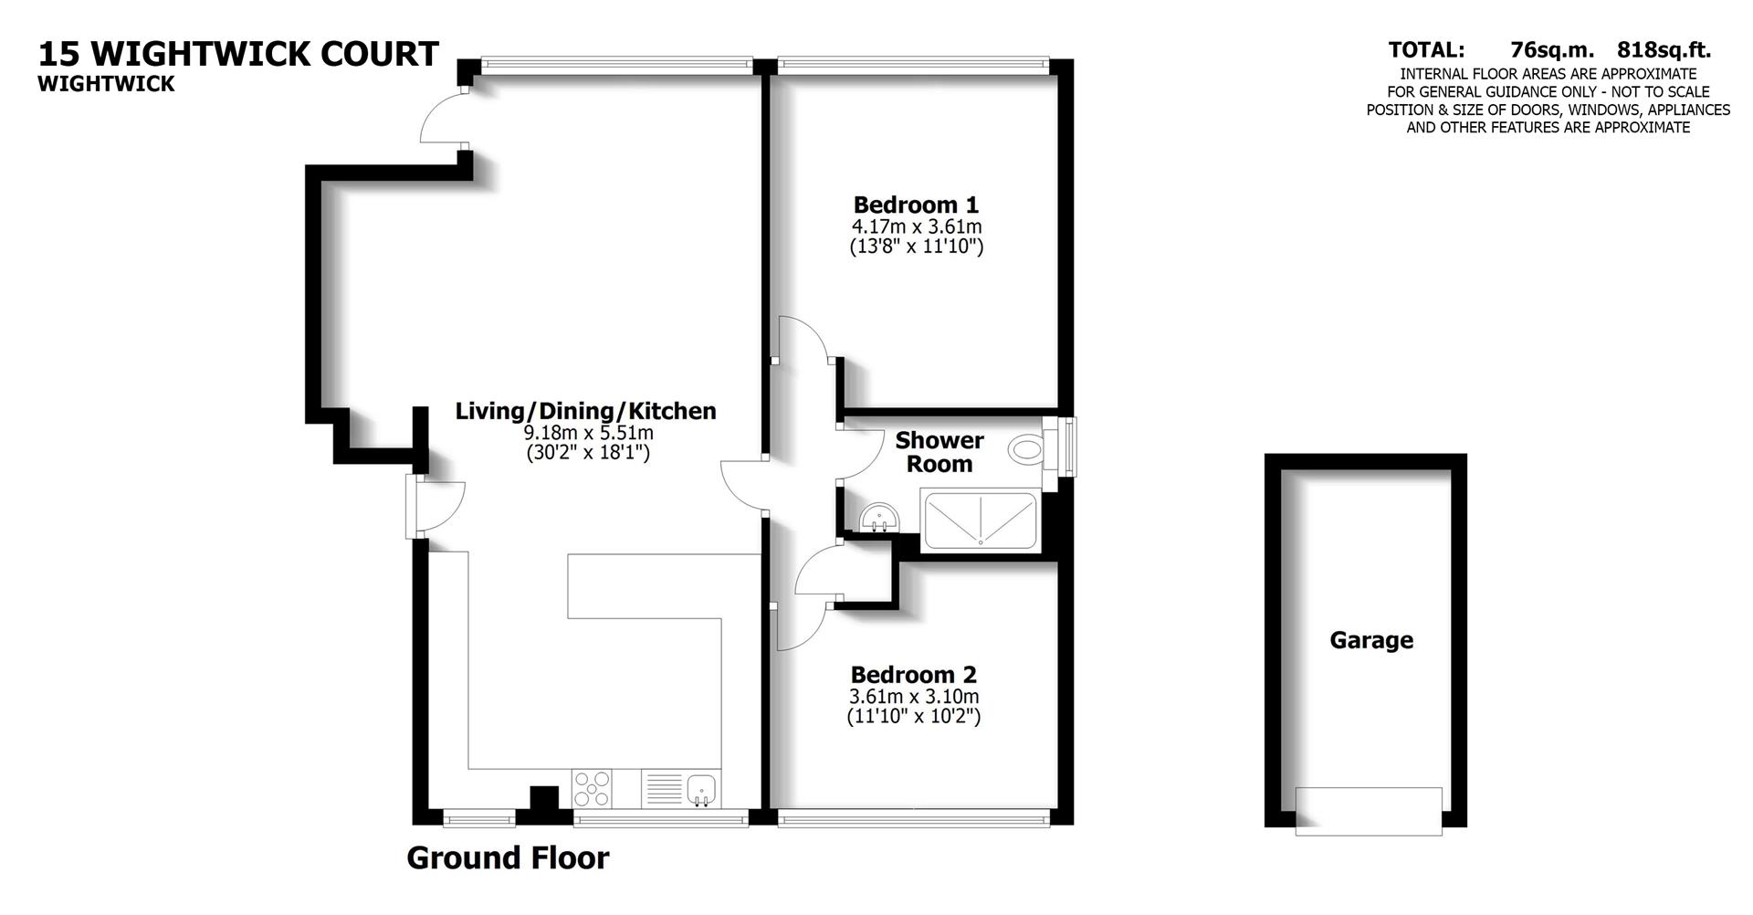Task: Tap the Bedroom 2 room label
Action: click(913, 675)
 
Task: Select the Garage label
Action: click(1370, 640)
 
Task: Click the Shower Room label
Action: click(939, 452)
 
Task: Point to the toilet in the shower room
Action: click(1027, 449)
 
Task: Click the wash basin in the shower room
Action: click(880, 520)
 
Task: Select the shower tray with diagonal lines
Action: click(980, 521)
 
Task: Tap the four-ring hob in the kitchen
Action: click(593, 789)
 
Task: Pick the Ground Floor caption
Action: click(508, 858)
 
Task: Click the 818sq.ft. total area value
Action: click(1664, 50)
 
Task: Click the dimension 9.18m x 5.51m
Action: click(588, 433)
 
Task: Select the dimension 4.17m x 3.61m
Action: click(916, 226)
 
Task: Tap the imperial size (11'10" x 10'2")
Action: click(913, 717)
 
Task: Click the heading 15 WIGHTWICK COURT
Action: click(238, 54)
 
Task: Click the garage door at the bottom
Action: click(1368, 811)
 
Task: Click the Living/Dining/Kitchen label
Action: click(585, 411)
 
